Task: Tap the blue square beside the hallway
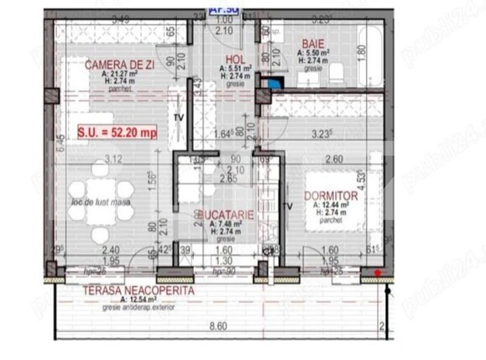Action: (x=273, y=84)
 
